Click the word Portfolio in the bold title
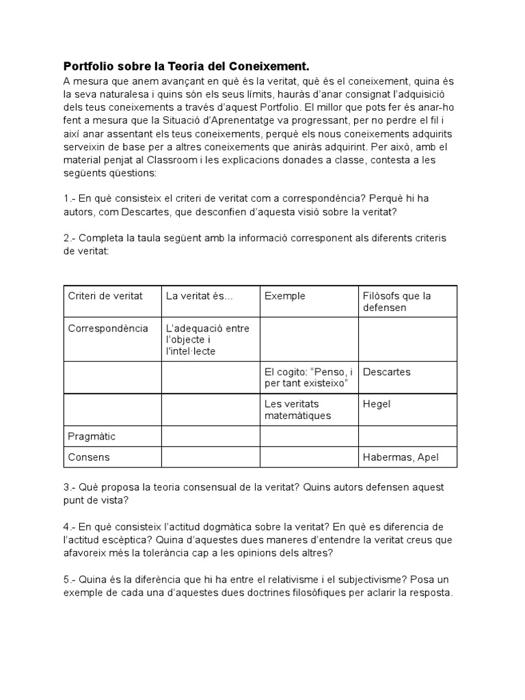click(x=89, y=66)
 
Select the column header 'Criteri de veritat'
click(x=105, y=296)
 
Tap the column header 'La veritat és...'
click(x=199, y=296)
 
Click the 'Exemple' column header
click(x=285, y=296)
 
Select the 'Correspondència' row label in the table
click(x=108, y=328)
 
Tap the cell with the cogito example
click(x=309, y=378)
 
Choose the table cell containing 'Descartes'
click(x=387, y=373)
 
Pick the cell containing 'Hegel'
click(x=377, y=404)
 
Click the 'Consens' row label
click(x=89, y=457)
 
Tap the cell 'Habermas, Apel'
click(x=401, y=457)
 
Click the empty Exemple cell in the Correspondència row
click(x=308, y=339)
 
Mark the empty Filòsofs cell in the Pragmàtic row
click(x=407, y=435)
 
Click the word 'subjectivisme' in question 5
click(x=383, y=579)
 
